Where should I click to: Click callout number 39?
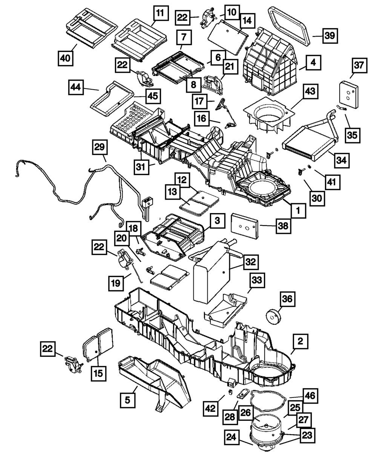pos(329,36)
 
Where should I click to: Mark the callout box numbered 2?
pos(300,342)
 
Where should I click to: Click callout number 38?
pos(283,225)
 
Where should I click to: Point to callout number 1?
pos(298,211)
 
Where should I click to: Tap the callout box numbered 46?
pos(310,396)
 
